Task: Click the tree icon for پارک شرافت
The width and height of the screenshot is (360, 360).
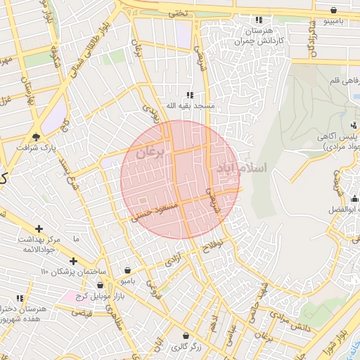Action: click(37, 136)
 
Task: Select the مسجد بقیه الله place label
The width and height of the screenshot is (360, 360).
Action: click(189, 105)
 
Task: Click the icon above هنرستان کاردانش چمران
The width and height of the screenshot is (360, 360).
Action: click(259, 20)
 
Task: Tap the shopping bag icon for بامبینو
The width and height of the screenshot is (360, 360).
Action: click(333, 10)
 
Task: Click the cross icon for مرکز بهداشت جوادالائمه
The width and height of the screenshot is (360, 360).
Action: click(39, 229)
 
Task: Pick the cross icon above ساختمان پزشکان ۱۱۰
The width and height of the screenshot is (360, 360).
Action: click(73, 261)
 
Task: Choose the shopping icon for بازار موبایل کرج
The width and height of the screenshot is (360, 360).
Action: click(100, 285)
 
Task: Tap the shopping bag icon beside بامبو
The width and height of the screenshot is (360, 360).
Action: click(127, 270)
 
